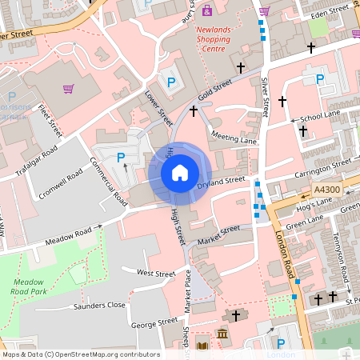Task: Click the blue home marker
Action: click(x=180, y=171)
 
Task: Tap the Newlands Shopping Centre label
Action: click(x=213, y=38)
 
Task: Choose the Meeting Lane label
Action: click(x=234, y=139)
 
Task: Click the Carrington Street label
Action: click(x=322, y=167)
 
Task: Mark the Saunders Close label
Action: click(x=100, y=305)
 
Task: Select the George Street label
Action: click(x=154, y=324)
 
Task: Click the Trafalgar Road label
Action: click(x=38, y=162)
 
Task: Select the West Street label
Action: click(x=155, y=274)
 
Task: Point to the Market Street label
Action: click(x=218, y=234)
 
